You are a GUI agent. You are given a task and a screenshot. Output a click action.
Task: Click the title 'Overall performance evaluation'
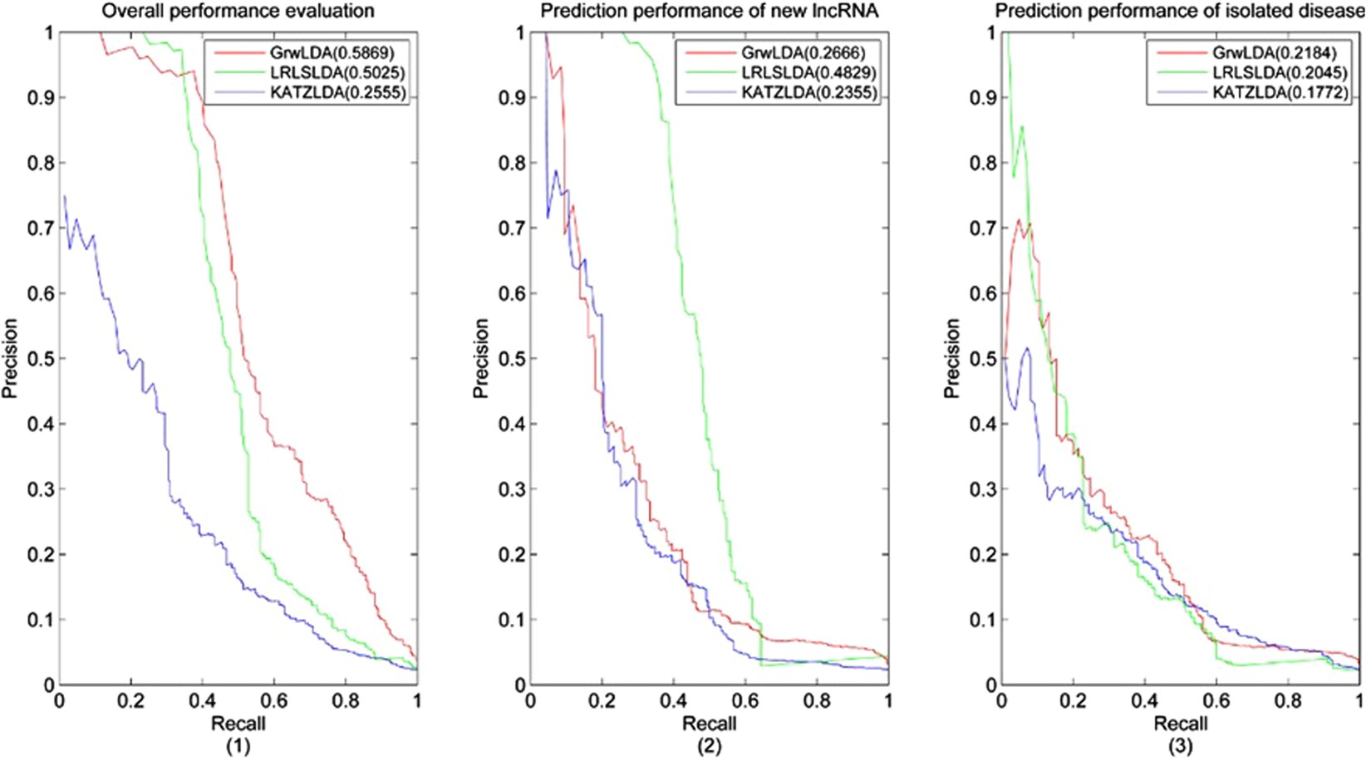tap(238, 11)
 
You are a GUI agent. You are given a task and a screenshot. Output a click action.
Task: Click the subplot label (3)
tap(1180, 746)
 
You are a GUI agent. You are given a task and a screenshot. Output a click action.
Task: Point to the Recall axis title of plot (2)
tap(709, 724)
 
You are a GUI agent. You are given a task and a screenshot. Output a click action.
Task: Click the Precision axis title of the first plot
tap(10, 358)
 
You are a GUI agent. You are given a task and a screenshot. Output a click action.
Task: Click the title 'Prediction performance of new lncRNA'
tap(709, 11)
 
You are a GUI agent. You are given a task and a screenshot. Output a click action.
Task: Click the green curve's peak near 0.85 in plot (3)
tap(1021, 127)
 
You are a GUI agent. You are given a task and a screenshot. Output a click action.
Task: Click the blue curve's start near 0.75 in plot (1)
tap(64, 197)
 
